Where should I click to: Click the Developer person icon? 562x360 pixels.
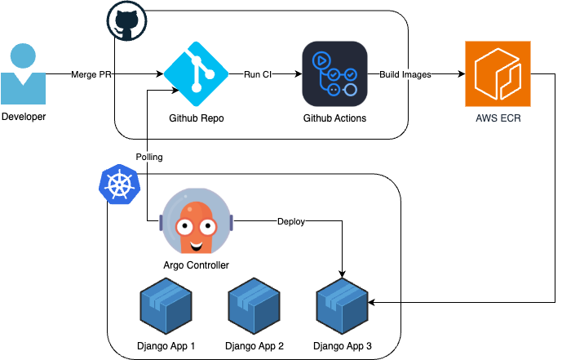24,74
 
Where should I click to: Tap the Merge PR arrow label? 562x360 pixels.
92,75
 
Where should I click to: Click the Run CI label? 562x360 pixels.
258,75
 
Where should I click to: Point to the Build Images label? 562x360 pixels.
405,75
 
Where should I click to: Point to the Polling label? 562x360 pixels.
148,157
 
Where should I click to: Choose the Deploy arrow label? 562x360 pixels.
291,221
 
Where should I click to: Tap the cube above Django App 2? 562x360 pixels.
254,304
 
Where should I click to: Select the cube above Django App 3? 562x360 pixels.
343,304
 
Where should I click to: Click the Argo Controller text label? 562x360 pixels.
196,265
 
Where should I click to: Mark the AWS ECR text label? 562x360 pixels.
498,118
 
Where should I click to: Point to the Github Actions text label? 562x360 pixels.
334,118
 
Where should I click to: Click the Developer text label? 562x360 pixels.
24,117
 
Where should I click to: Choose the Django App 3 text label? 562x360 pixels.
343,347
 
